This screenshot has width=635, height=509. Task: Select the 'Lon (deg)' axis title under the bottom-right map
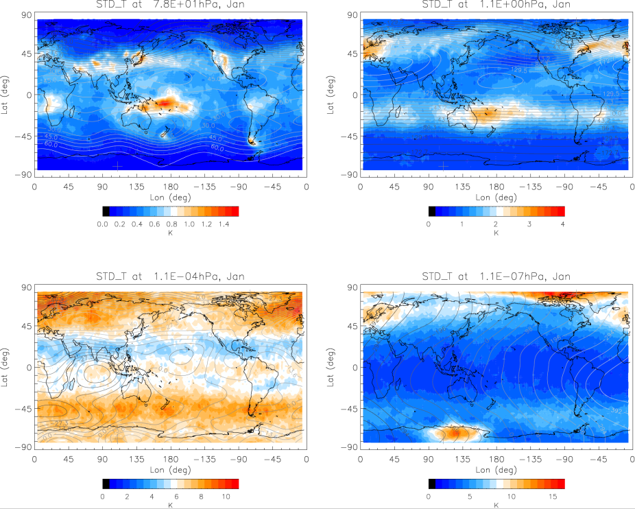pos(496,470)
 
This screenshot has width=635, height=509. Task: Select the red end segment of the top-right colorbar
pos(560,211)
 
